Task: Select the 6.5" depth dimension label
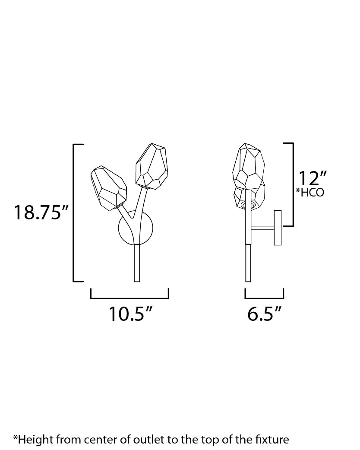coord(265,314)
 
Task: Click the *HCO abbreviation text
coord(309,193)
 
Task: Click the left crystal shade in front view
coord(108,186)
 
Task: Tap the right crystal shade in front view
coord(151,166)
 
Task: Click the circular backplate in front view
coord(136,229)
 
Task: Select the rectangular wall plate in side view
coord(278,228)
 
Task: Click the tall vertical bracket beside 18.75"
coord(74,212)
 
